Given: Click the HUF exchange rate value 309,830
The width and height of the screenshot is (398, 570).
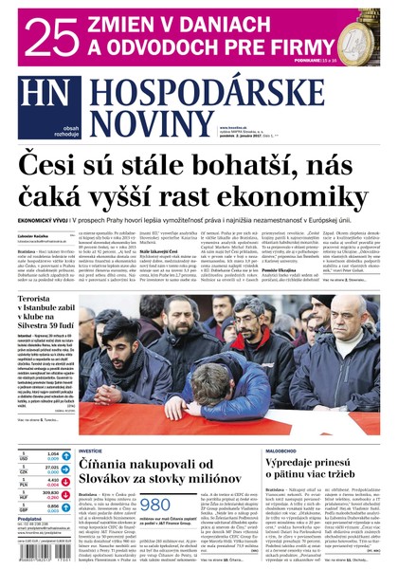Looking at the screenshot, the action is click(50, 493).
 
